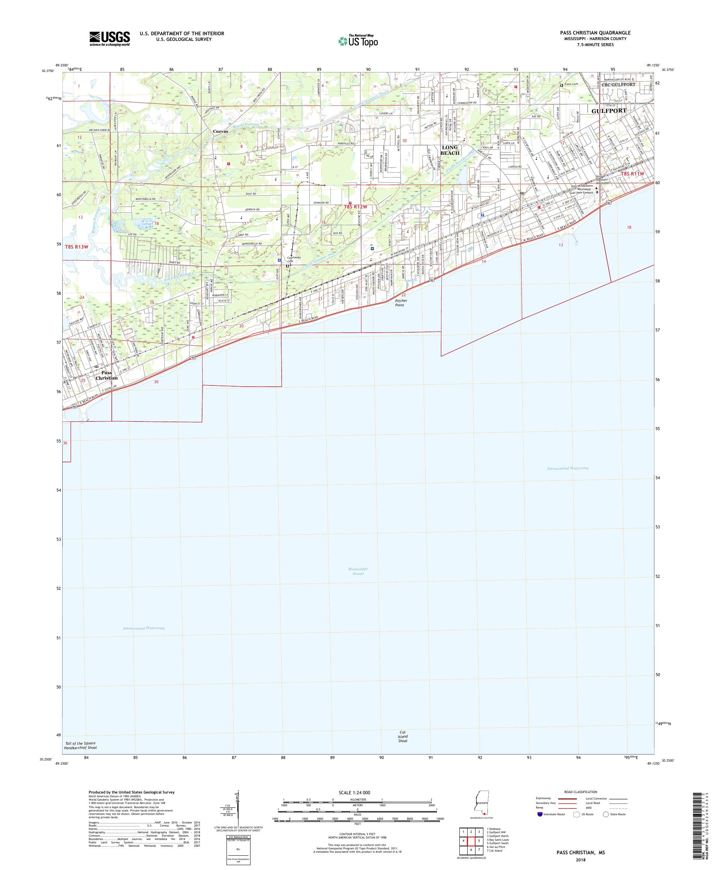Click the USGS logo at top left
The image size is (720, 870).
110,39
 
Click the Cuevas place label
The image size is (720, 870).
220,131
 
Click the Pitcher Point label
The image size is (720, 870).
401,303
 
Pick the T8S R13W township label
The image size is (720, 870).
76,247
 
